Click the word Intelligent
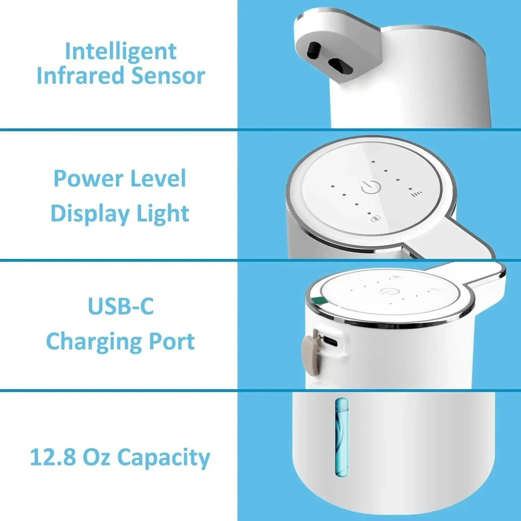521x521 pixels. tap(121, 52)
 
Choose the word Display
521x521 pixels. tap(90, 213)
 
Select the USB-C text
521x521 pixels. tap(121, 306)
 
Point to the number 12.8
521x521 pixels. tap(53, 457)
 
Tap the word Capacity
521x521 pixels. tap(164, 458)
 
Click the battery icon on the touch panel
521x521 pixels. tap(376, 218)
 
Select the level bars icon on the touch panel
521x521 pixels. tap(417, 194)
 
